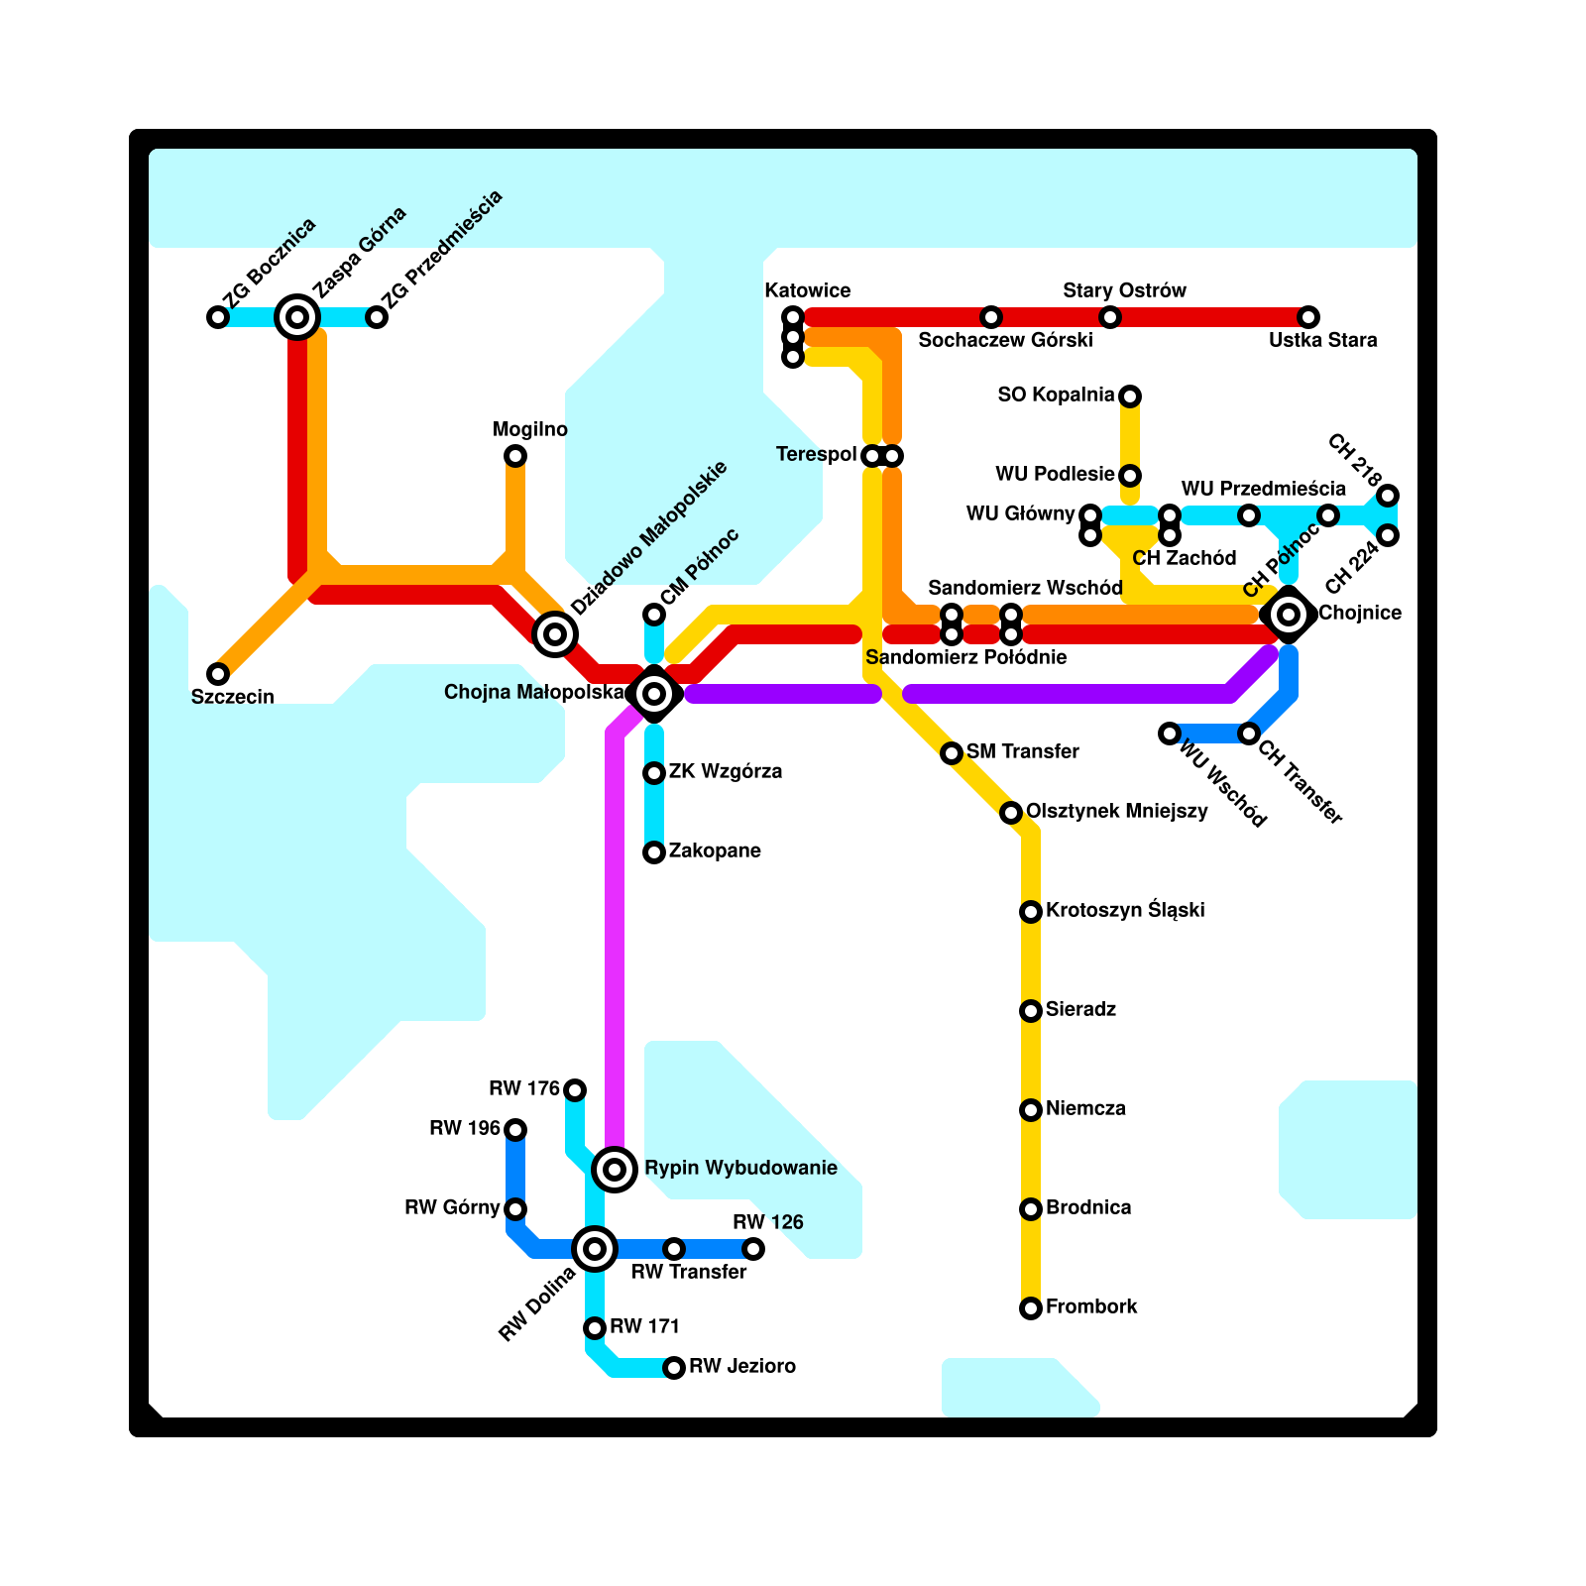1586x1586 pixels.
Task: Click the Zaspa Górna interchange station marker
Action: (x=297, y=317)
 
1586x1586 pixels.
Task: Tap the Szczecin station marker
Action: (x=218, y=674)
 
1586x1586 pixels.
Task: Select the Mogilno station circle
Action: (x=515, y=456)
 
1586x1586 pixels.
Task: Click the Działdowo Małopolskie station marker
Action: (x=555, y=634)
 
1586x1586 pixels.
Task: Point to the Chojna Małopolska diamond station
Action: (x=654, y=694)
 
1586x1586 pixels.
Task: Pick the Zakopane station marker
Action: (x=654, y=852)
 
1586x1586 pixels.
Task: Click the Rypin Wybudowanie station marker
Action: (x=615, y=1170)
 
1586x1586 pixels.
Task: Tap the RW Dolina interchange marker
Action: (x=595, y=1249)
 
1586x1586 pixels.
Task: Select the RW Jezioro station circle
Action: (x=674, y=1368)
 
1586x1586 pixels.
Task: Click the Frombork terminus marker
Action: (x=1031, y=1308)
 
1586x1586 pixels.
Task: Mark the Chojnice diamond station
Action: (x=1289, y=615)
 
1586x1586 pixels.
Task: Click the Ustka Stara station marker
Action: (x=1308, y=317)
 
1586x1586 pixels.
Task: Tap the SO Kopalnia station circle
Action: (x=1130, y=396)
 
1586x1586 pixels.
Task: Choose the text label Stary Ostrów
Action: (x=1124, y=290)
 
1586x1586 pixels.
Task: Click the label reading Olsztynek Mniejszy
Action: (x=1116, y=811)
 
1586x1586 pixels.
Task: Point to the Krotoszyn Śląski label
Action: (x=1125, y=910)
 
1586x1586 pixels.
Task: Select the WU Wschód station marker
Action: (x=1170, y=734)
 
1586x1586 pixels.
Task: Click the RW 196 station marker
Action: (x=515, y=1130)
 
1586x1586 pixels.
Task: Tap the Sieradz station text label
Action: (x=1080, y=1009)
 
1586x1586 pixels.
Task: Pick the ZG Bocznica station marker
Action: (x=218, y=317)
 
